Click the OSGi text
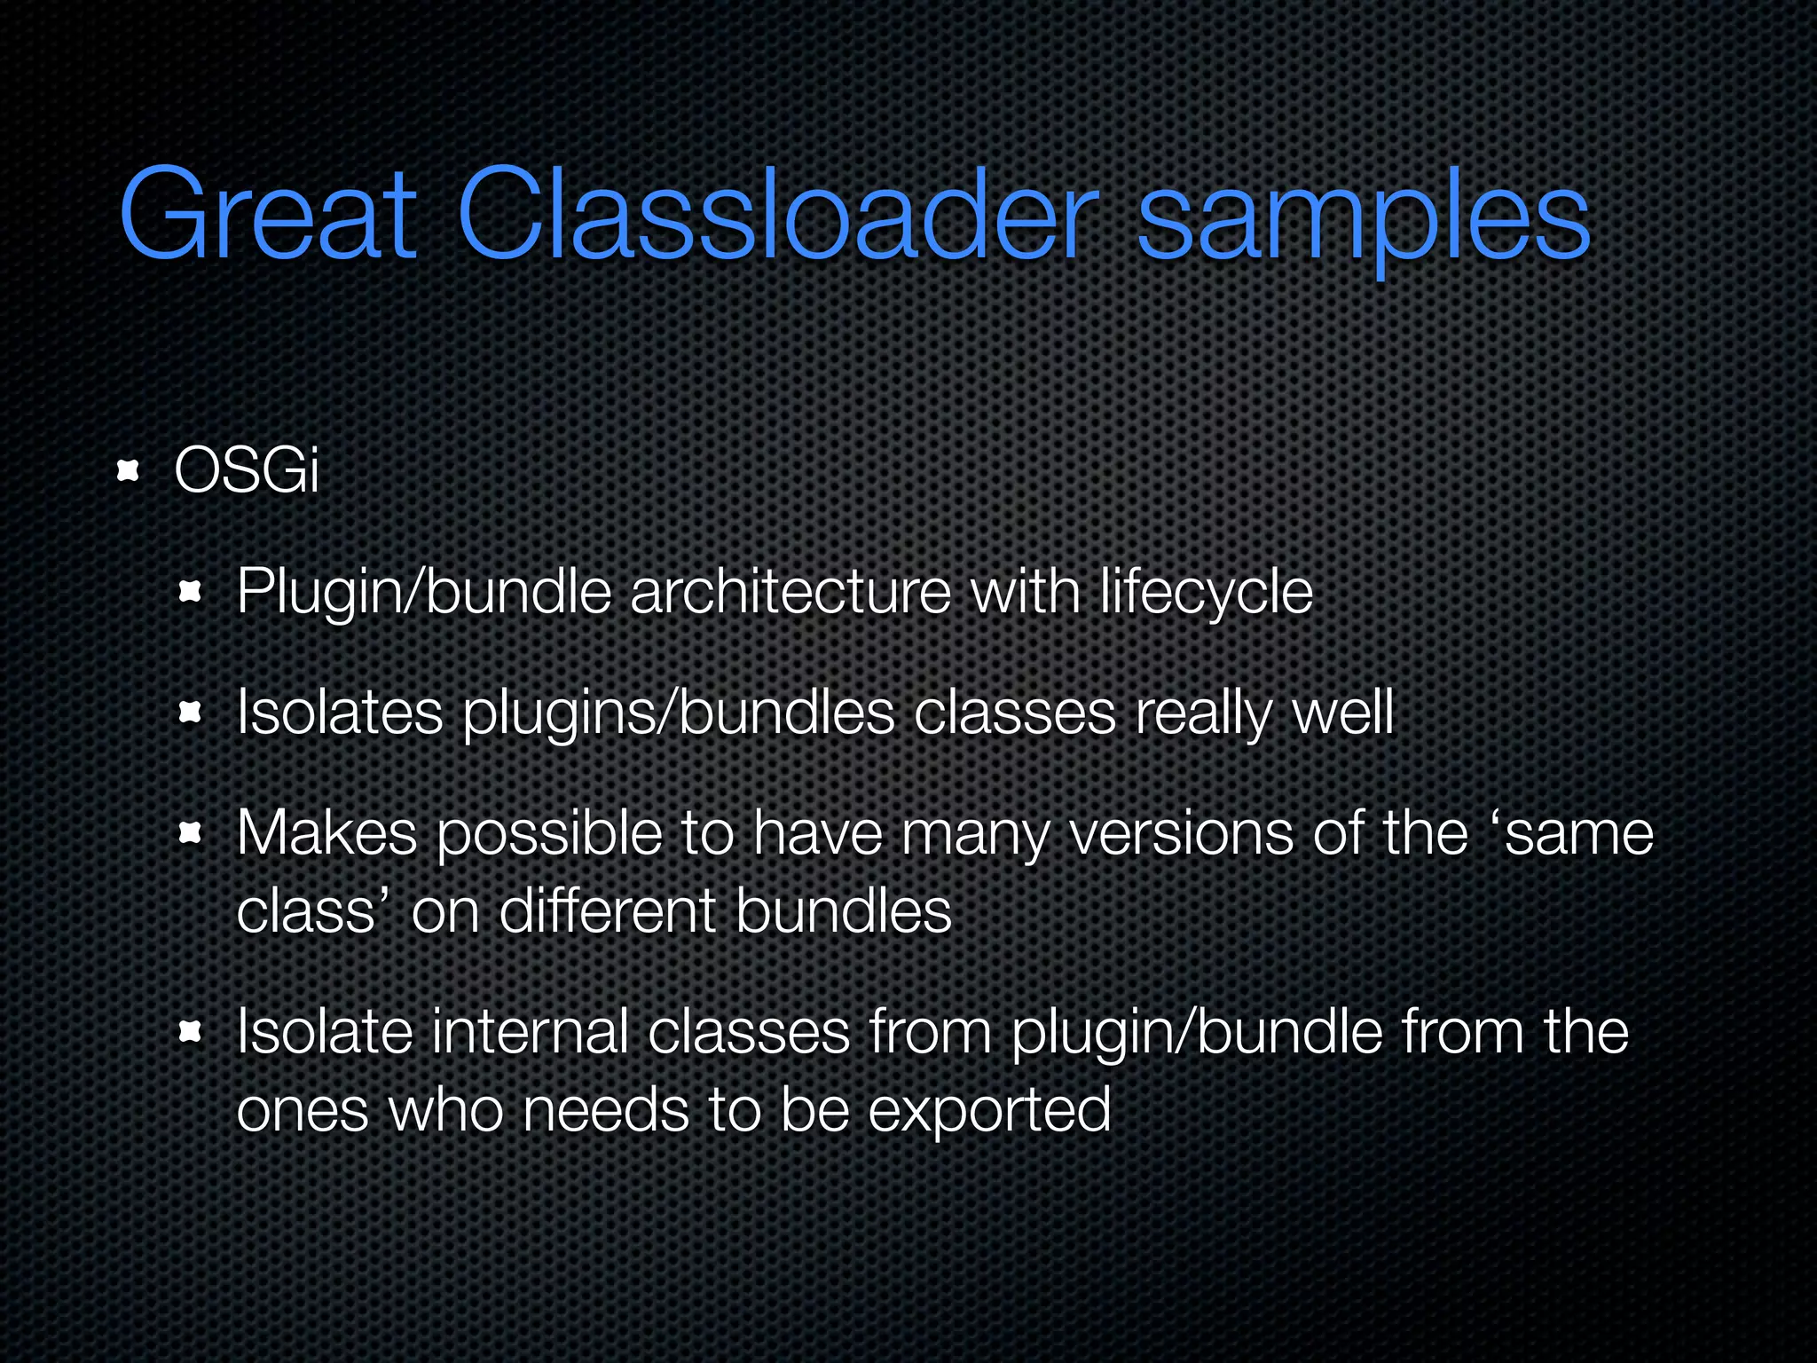click(x=246, y=470)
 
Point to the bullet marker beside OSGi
click(x=129, y=470)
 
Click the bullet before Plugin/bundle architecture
click(x=191, y=592)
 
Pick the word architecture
click(x=791, y=592)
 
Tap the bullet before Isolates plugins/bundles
click(x=191, y=713)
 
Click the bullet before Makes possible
click(x=191, y=833)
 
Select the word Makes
click(x=326, y=833)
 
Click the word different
click(x=607, y=911)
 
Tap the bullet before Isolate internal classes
click(x=191, y=1032)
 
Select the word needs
click(x=606, y=1110)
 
